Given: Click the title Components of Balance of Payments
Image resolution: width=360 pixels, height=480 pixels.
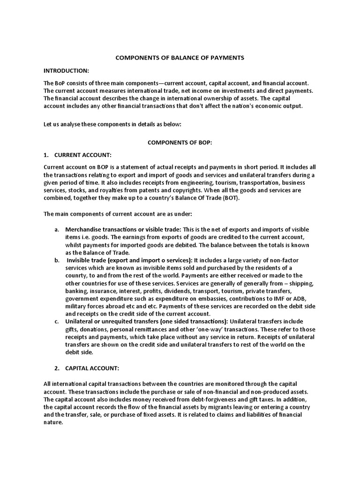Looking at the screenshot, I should (x=180, y=58).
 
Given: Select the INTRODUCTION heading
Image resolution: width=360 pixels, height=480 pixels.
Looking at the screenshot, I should (x=66, y=70).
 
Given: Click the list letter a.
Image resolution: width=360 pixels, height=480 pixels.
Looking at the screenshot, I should (x=56, y=230).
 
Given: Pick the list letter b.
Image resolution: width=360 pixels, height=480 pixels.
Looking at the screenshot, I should (x=56, y=260).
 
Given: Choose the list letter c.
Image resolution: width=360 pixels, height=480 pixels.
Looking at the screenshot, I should (x=56, y=321).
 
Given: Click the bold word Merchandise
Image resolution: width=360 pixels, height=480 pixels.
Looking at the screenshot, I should (x=83, y=230).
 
